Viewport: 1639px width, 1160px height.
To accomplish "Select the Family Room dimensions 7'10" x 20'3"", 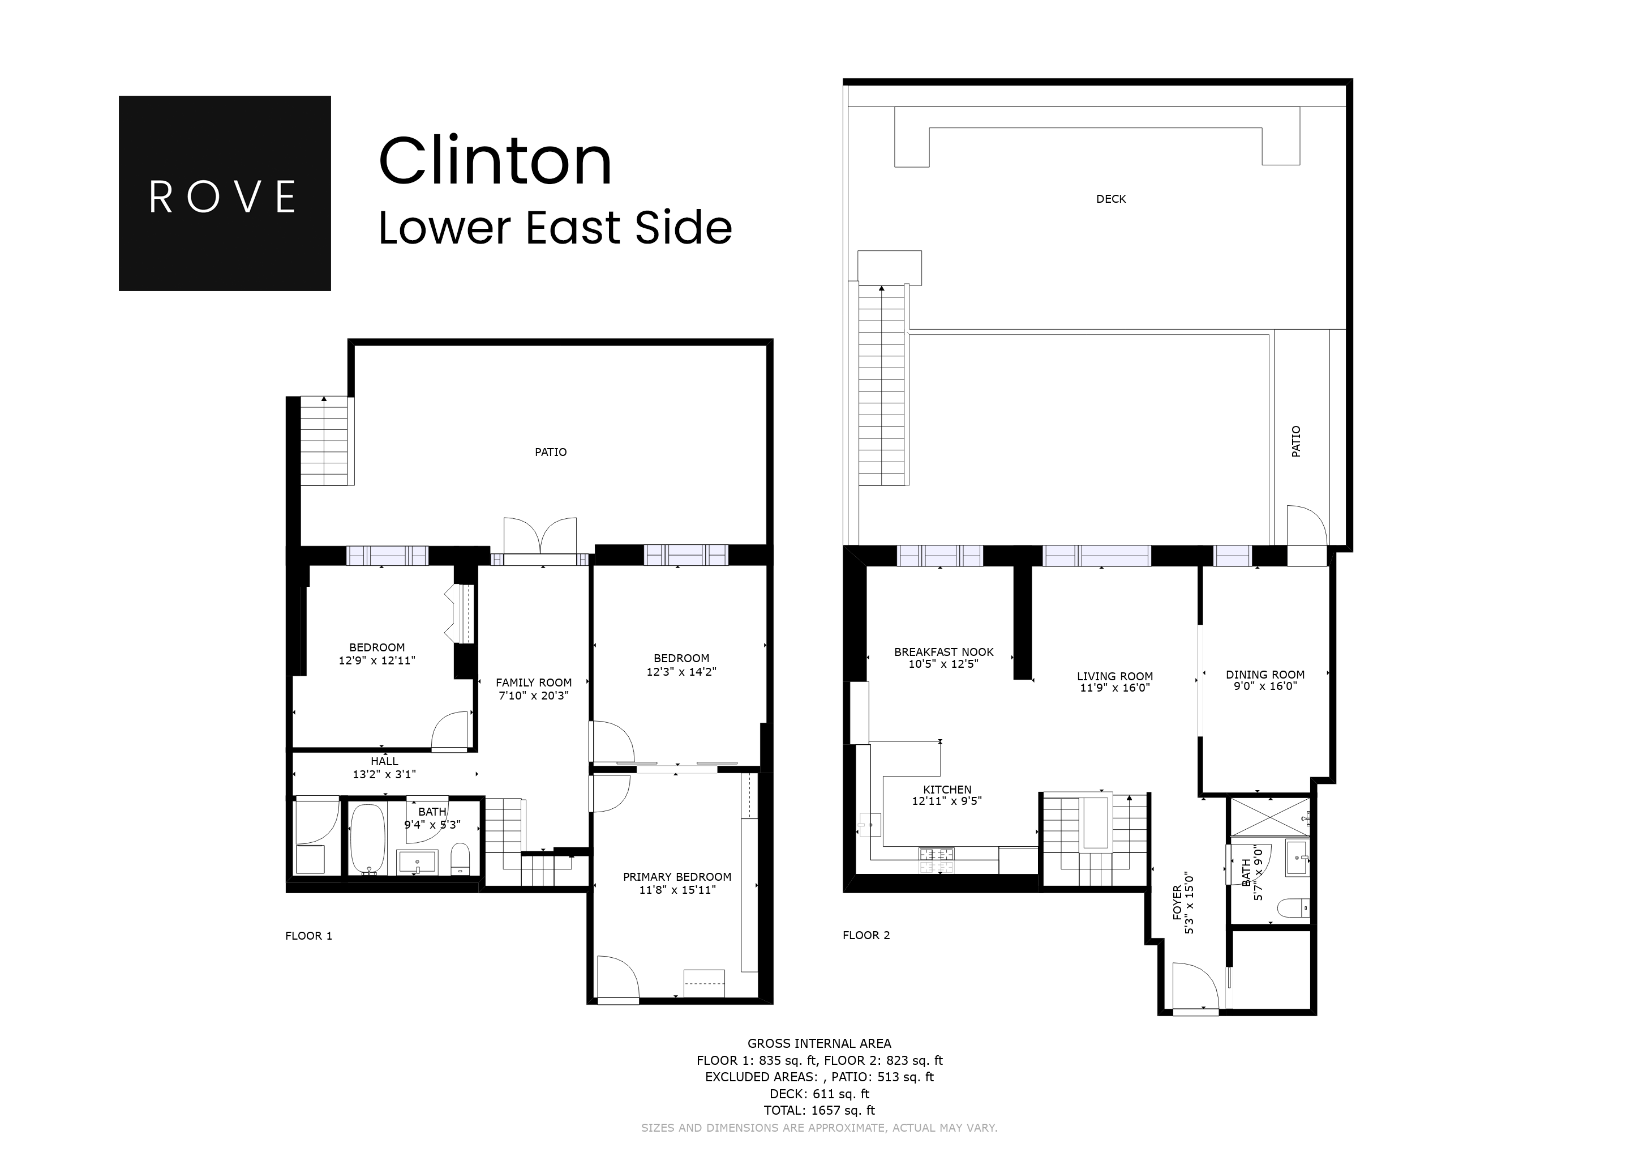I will coord(533,696).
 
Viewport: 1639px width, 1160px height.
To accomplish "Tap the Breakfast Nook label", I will coord(943,652).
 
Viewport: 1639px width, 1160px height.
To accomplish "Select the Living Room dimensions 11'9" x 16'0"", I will coord(1114,688).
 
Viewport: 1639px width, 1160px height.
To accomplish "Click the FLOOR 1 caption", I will coord(308,936).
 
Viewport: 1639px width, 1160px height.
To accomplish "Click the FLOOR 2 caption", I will coord(866,935).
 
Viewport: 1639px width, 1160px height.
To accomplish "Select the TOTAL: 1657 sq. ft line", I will coord(819,1110).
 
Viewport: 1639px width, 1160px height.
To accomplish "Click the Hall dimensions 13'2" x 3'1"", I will coord(384,774).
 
